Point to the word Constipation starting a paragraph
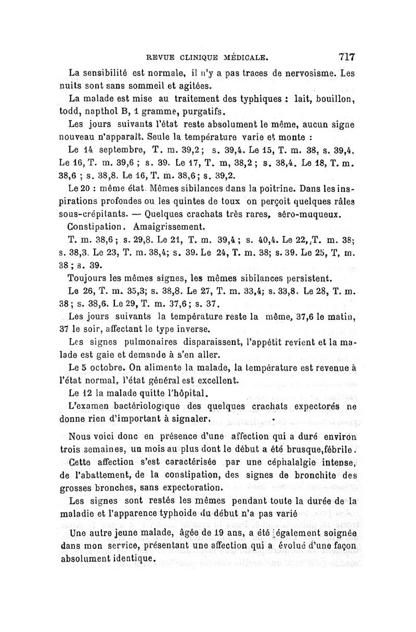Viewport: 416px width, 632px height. [97, 227]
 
